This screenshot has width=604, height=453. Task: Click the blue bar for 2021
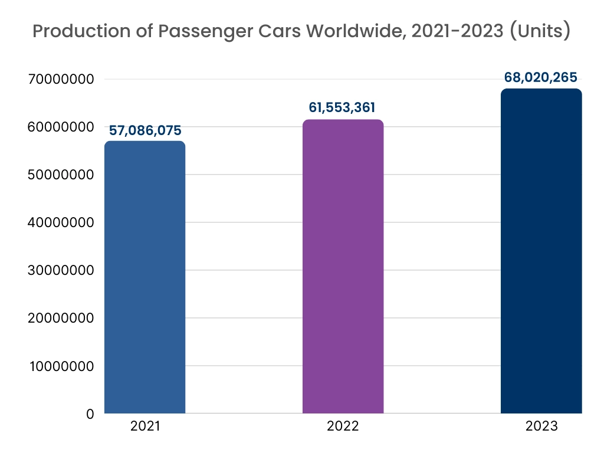(145, 277)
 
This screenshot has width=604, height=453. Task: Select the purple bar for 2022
(343, 267)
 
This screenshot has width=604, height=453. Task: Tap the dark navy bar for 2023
(541, 251)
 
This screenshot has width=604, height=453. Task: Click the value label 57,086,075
(145, 130)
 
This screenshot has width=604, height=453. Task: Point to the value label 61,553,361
(342, 107)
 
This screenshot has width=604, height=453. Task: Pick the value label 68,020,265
(540, 77)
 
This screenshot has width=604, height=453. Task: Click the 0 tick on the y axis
(90, 414)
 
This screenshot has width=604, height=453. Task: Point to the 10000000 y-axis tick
(62, 366)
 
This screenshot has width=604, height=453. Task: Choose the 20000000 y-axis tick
(62, 319)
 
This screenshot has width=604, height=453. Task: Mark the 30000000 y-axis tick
(62, 271)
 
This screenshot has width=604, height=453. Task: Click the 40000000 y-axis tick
(62, 223)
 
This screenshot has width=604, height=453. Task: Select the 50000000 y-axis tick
(62, 175)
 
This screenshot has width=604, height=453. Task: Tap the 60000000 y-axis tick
(62, 127)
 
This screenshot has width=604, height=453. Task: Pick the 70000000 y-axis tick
(62, 79)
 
